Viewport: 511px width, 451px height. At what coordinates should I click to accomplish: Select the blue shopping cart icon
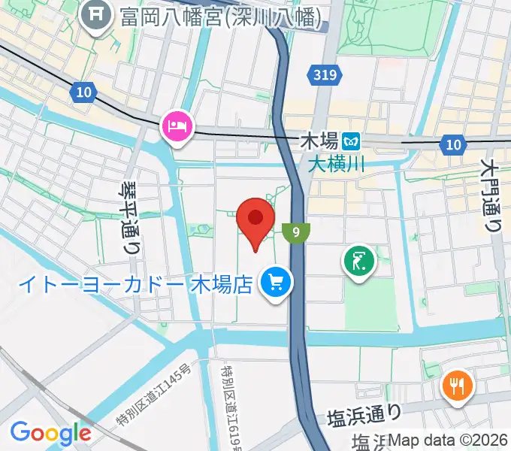coord(276,283)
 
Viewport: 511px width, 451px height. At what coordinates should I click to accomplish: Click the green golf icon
coord(359,262)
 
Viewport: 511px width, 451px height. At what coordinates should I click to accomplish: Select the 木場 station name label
coord(318,141)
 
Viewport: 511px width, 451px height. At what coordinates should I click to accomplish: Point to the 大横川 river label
coord(335,162)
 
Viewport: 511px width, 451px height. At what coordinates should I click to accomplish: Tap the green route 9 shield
coord(298,232)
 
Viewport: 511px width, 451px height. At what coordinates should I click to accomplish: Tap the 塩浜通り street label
coord(364,414)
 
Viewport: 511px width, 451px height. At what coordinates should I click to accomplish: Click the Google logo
coord(50,432)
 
